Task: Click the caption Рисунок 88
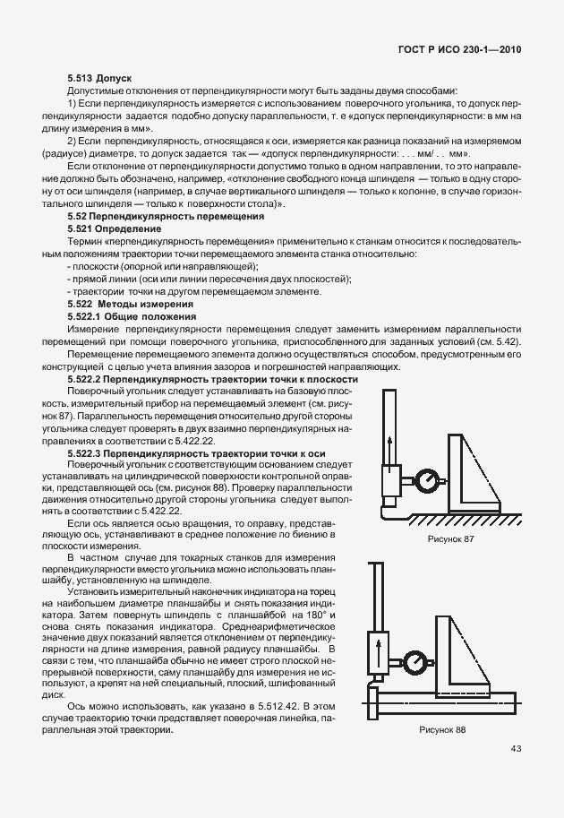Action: [442, 728]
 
